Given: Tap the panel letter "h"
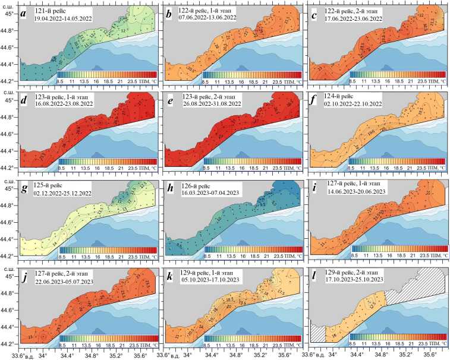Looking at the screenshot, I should pos(171,190).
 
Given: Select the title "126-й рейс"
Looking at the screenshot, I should pos(196,187).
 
